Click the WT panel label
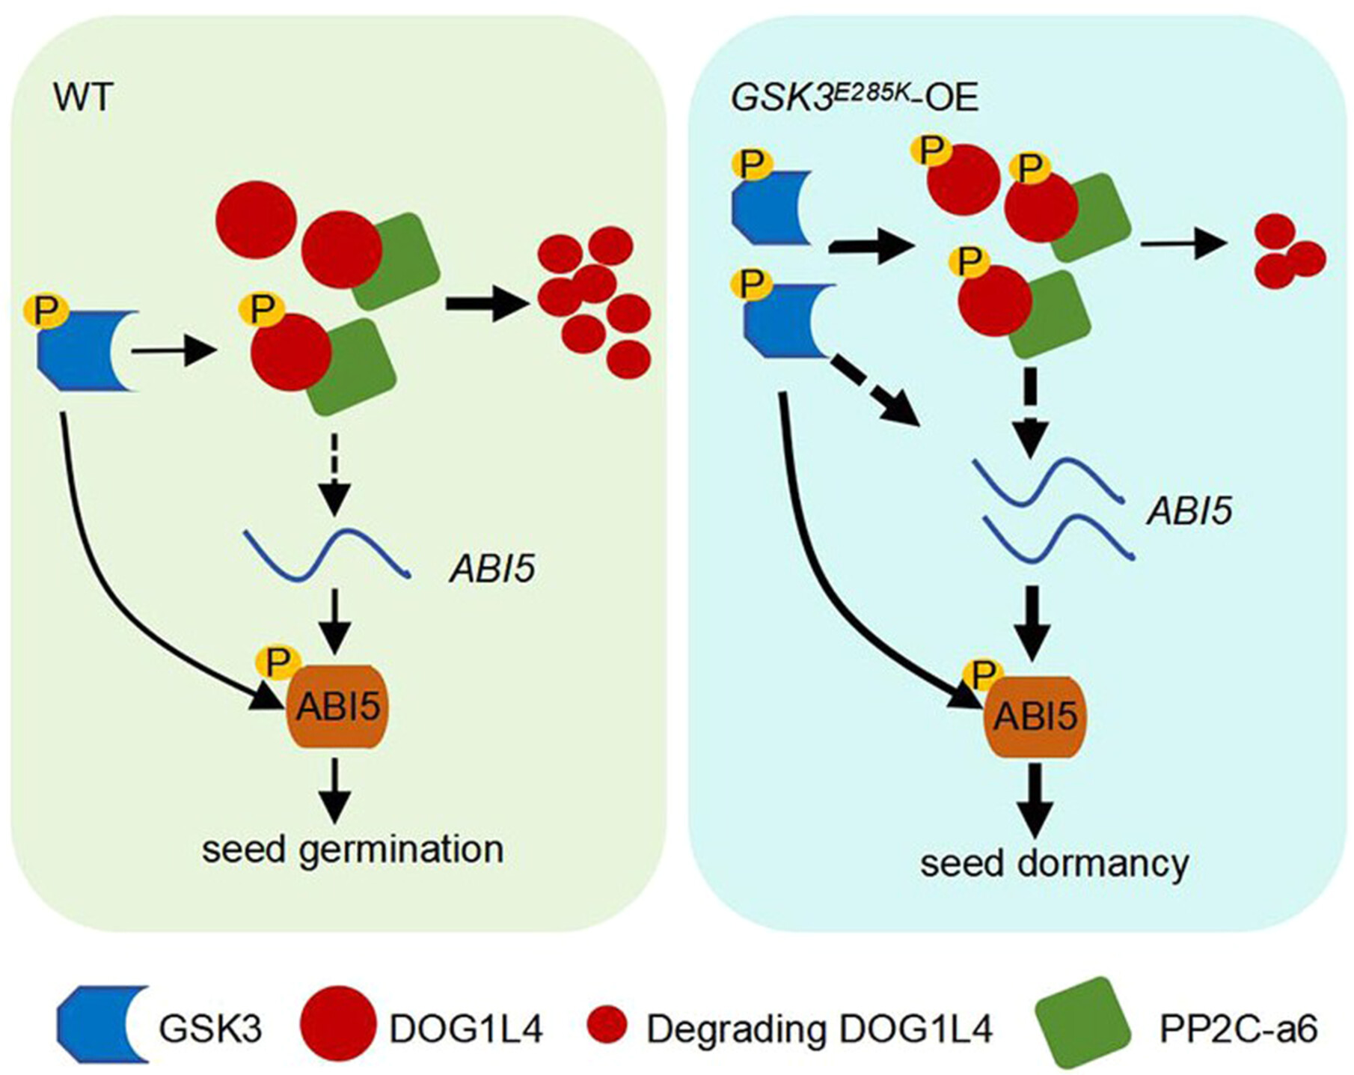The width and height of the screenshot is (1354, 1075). pos(83,97)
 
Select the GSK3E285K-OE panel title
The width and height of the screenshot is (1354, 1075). pos(854,98)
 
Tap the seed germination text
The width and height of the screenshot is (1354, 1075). pos(352,850)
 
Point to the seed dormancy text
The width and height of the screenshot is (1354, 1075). pos(1054,863)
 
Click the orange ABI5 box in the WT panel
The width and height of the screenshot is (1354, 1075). pos(337,707)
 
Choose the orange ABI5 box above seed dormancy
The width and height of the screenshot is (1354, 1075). pos(1035,716)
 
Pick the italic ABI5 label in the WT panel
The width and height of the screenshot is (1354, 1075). pos(492,569)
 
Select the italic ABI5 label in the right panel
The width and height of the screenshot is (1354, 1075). pos(1189,511)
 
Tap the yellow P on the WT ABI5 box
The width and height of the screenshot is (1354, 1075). pos(278,661)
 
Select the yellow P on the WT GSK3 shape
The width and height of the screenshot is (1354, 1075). pos(46,310)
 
